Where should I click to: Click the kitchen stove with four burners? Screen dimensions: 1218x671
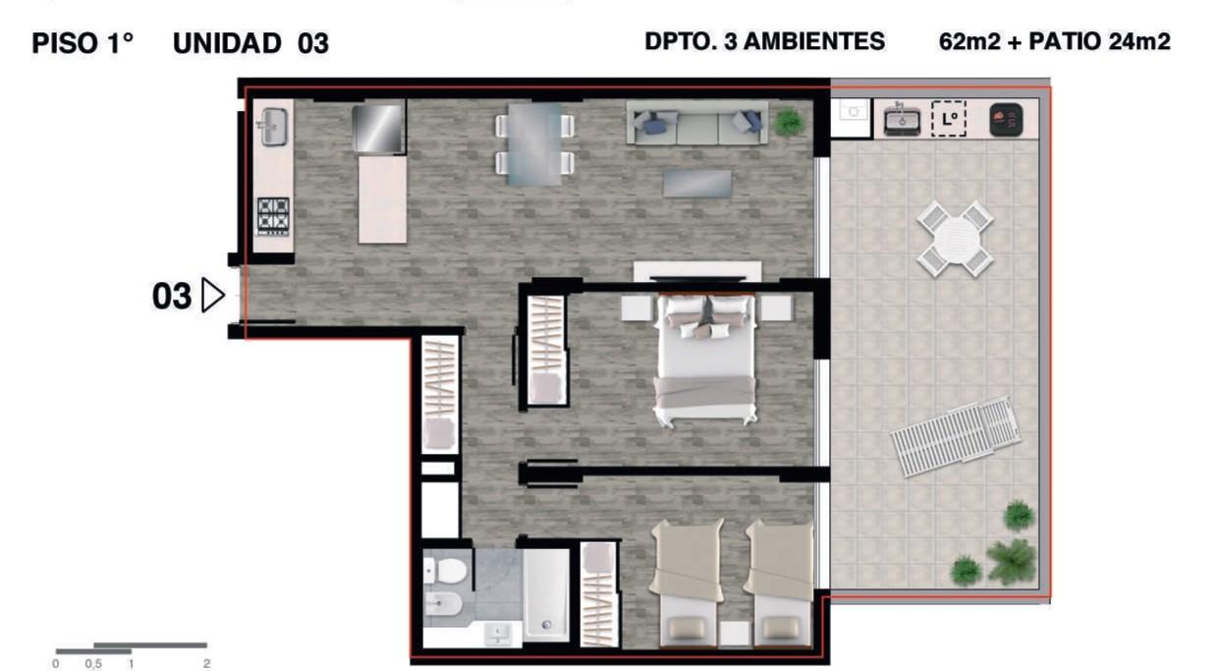tap(273, 216)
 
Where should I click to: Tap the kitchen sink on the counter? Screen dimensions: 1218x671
tap(274, 128)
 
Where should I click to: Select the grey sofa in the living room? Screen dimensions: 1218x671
tap(697, 123)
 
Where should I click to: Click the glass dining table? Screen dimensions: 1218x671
tap(534, 144)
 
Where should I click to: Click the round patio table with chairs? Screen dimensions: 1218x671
tap(955, 240)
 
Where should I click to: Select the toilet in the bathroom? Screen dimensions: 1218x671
tap(445, 571)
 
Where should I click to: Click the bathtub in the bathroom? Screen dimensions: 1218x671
tap(546, 594)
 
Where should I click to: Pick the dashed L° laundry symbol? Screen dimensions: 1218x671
tap(948, 119)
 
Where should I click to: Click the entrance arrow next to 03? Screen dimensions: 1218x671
tap(212, 296)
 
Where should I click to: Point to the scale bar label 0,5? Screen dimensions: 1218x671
tap(93, 664)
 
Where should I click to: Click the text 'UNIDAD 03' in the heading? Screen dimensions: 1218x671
tap(250, 43)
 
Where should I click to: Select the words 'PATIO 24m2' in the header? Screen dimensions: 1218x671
tap(1099, 41)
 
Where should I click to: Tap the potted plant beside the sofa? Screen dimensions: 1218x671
tap(789, 122)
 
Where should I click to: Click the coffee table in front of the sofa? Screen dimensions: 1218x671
tap(697, 184)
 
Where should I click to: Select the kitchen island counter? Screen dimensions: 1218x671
tap(382, 199)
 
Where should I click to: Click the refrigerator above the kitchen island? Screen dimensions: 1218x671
tap(378, 129)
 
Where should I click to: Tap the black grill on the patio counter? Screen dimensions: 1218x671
tap(1006, 120)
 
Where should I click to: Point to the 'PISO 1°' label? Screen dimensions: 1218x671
tap(83, 43)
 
